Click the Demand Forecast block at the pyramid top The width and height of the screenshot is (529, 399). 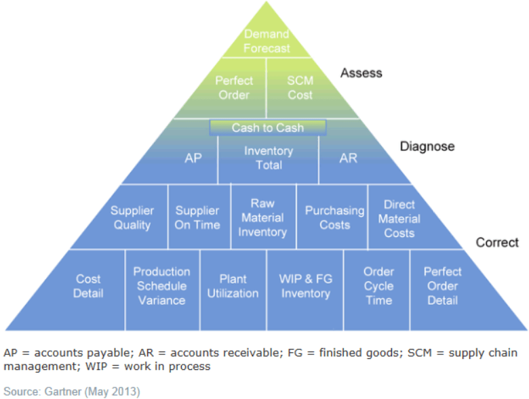267,41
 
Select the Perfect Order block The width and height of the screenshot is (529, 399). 234,87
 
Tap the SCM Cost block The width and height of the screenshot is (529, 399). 300,87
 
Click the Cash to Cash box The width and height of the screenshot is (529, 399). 268,127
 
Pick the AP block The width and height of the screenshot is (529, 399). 193,158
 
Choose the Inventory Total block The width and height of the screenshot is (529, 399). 269,158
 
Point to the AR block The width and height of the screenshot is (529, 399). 349,158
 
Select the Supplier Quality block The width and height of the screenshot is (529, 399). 132,217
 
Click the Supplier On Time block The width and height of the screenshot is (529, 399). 197,217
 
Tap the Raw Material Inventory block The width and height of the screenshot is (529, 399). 262,217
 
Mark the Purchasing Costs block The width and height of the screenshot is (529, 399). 334,217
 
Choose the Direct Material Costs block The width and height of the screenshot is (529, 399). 399,218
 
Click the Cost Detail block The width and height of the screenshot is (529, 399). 89,286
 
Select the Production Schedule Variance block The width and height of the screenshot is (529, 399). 161,286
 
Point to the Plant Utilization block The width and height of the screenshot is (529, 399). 233,286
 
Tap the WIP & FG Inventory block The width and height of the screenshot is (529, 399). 305,286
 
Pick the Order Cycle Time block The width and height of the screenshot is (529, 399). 378,286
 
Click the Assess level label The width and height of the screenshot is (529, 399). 361,73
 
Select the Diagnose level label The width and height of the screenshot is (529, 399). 427,146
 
